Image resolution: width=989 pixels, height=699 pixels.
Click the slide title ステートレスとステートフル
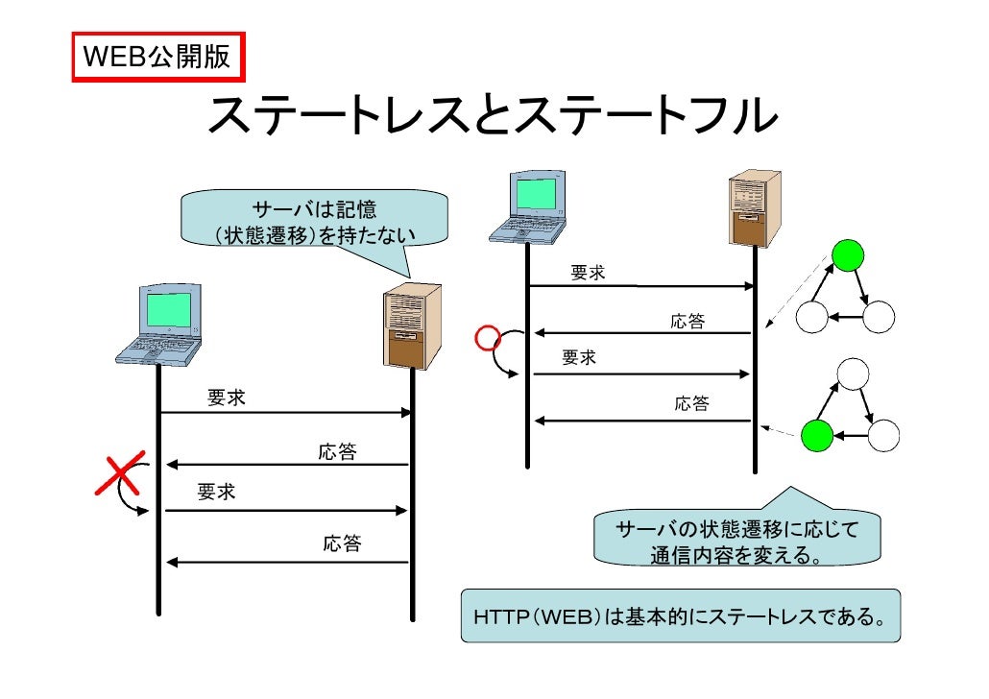[x=493, y=117]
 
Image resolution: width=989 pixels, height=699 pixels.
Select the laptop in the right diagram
[x=527, y=207]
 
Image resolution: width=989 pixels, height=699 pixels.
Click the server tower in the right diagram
[x=754, y=208]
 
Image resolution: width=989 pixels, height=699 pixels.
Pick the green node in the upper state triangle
[x=847, y=255]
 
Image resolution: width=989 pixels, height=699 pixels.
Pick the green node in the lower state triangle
[x=816, y=435]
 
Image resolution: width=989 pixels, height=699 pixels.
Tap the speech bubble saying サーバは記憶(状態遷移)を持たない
[x=314, y=222]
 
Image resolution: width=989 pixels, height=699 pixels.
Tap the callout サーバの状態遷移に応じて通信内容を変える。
[x=736, y=542]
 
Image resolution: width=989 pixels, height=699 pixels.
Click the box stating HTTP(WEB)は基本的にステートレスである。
[x=680, y=615]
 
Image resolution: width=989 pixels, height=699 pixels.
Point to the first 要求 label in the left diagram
[x=227, y=398]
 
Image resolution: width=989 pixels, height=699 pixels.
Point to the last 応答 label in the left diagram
[x=342, y=544]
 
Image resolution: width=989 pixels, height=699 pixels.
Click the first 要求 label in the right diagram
[x=588, y=274]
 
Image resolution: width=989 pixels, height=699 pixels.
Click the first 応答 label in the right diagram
[x=687, y=322]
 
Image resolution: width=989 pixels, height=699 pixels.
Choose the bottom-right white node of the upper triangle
[x=878, y=317]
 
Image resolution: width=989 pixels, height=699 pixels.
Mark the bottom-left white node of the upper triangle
[x=811, y=317]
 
